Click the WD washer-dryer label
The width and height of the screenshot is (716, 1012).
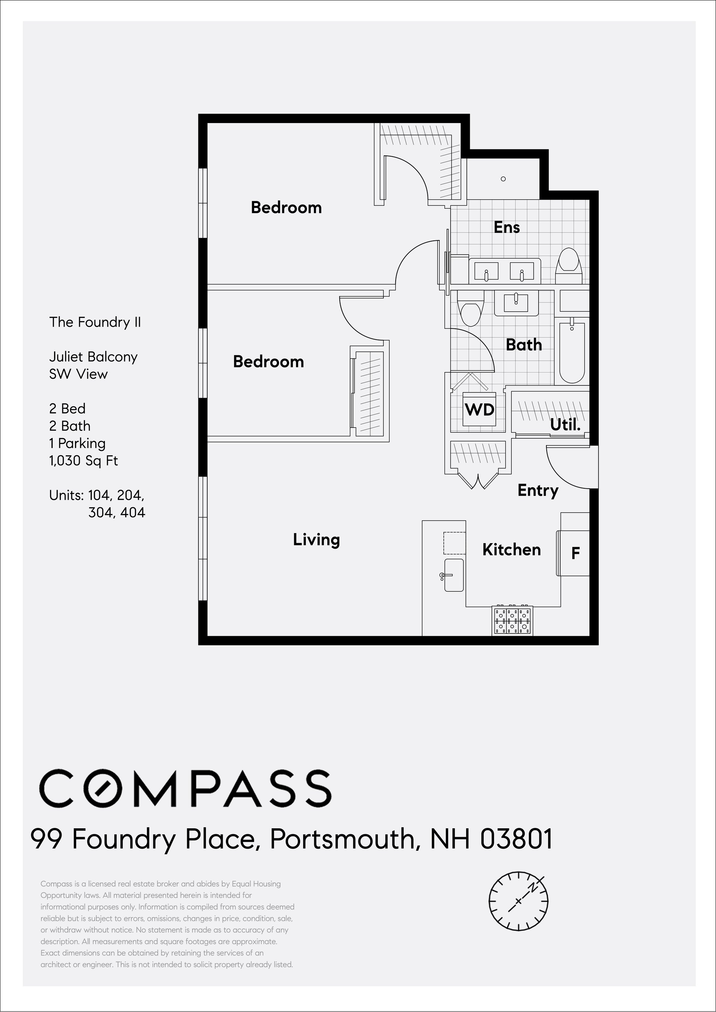pos(479,410)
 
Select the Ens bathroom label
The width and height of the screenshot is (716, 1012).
pos(506,227)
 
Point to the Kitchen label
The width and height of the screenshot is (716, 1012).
pos(511,550)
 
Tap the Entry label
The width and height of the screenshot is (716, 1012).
pos(538,491)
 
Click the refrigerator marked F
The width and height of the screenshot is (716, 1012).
pos(573,553)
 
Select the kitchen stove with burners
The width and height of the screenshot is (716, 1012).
pos(512,621)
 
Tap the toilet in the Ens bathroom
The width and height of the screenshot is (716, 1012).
pos(569,266)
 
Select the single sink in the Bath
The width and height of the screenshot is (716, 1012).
pos(516,303)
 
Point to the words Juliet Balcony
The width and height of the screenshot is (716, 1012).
pos(94,357)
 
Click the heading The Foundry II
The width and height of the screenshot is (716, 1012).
pos(95,322)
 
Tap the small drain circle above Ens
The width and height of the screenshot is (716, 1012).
pos(503,179)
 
